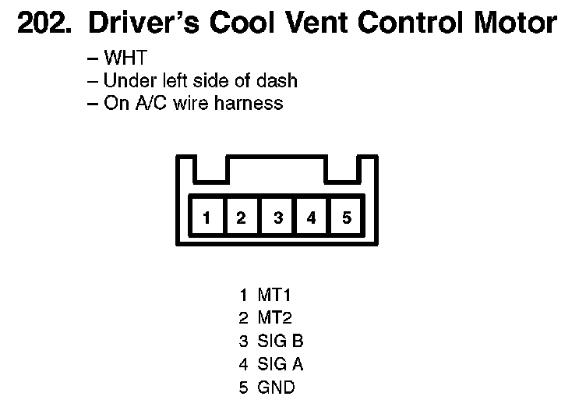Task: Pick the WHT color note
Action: [125, 58]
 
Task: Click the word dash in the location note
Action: [280, 80]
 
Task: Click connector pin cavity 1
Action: [207, 218]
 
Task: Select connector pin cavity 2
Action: [242, 218]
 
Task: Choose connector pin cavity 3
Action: [277, 218]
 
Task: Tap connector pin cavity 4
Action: [312, 218]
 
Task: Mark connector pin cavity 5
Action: [347, 218]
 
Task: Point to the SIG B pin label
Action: [280, 341]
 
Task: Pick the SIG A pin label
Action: [280, 364]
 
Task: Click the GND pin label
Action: [276, 387]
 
